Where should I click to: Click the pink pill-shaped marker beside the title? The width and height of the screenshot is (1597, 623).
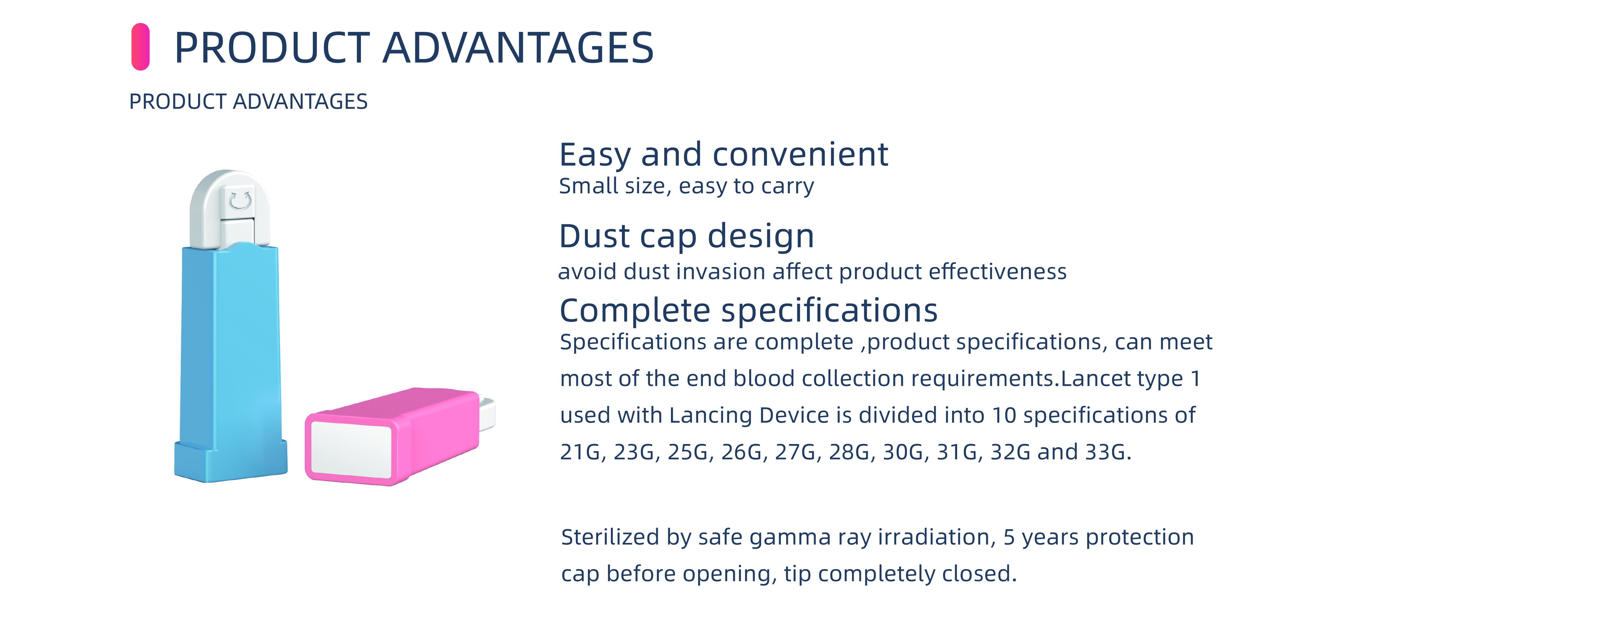[140, 47]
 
